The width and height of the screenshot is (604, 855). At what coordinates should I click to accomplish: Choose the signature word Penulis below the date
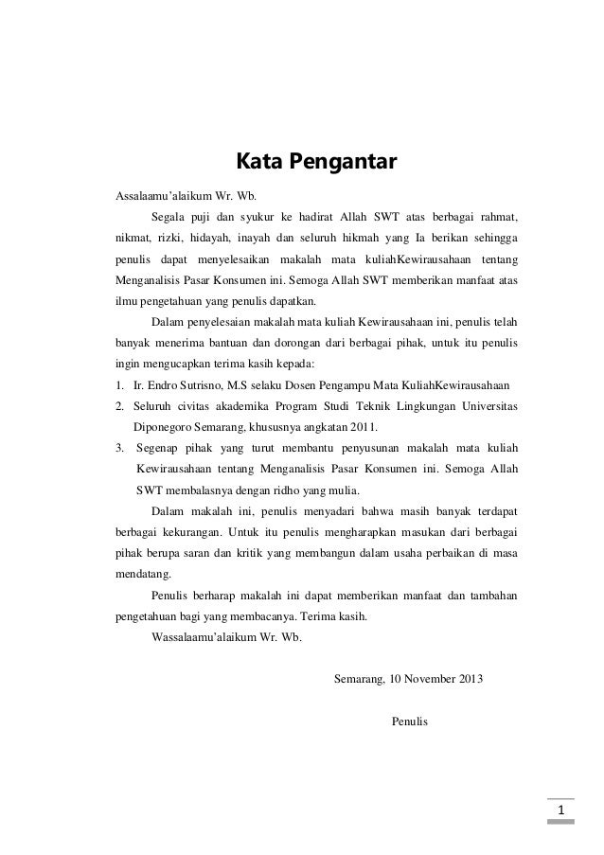point(409,721)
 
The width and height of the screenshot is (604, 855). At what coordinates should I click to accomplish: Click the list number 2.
point(119,406)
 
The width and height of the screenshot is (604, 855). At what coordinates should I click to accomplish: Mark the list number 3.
point(119,448)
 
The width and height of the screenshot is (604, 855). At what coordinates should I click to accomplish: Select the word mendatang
point(143,573)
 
